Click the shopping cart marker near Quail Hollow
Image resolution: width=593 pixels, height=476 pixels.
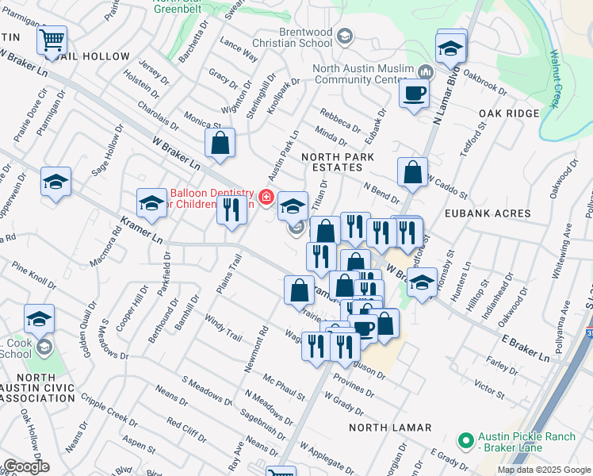click(52, 40)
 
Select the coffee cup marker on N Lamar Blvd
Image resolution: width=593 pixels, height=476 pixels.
click(413, 94)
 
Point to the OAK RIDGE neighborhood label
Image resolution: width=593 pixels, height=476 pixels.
click(509, 113)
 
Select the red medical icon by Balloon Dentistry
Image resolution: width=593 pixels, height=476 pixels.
click(266, 195)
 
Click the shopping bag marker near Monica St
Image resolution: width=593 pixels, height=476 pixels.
click(220, 144)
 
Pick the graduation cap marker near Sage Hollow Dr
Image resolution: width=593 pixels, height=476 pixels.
click(56, 182)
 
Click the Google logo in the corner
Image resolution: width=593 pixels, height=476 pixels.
click(25, 466)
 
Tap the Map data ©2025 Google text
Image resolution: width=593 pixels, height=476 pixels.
click(544, 470)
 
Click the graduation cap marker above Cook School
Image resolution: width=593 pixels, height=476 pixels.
click(39, 319)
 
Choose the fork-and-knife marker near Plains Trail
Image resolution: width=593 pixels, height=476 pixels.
click(231, 209)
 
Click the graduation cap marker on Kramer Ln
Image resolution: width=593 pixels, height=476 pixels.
click(151, 204)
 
